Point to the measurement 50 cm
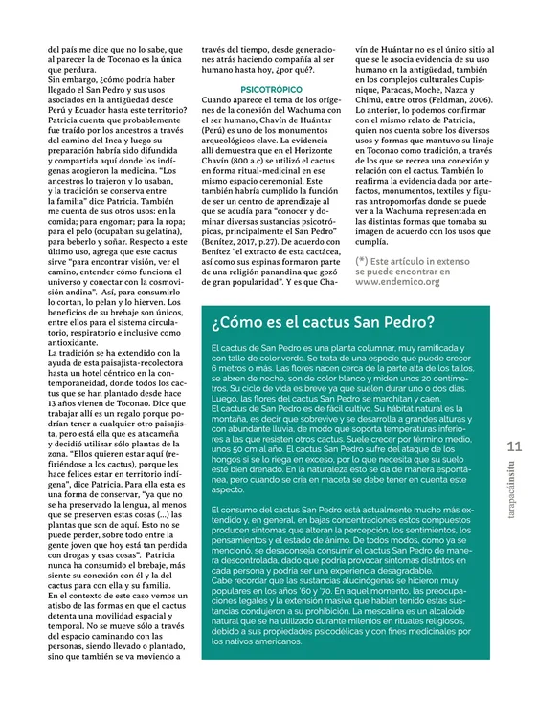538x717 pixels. tap(236, 448)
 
